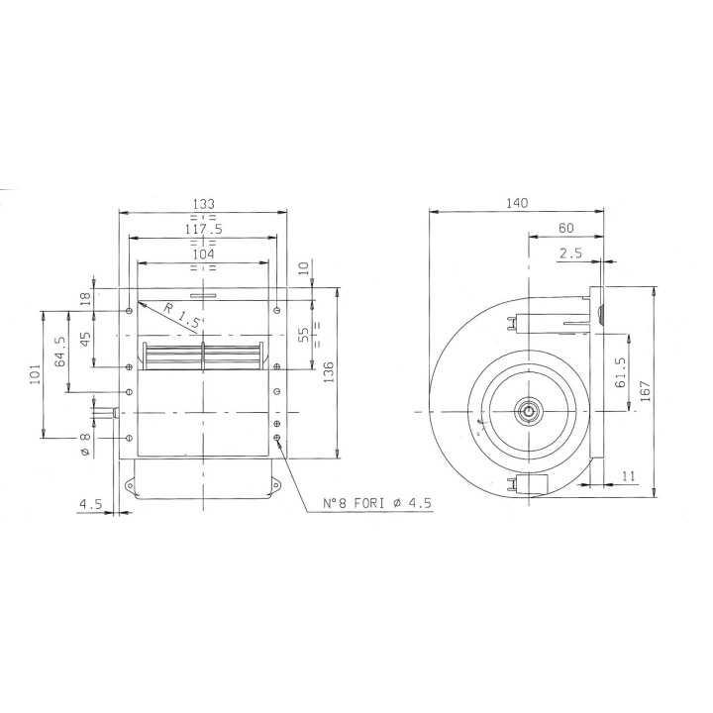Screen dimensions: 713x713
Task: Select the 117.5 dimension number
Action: pyautogui.click(x=202, y=229)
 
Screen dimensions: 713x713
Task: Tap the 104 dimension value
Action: pyautogui.click(x=202, y=255)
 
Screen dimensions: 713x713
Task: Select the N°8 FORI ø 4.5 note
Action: pyautogui.click(x=378, y=504)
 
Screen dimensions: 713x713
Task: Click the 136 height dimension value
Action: pyautogui.click(x=328, y=372)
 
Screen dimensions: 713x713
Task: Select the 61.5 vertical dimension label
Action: pyautogui.click(x=620, y=373)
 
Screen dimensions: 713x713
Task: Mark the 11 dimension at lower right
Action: pyautogui.click(x=629, y=476)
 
